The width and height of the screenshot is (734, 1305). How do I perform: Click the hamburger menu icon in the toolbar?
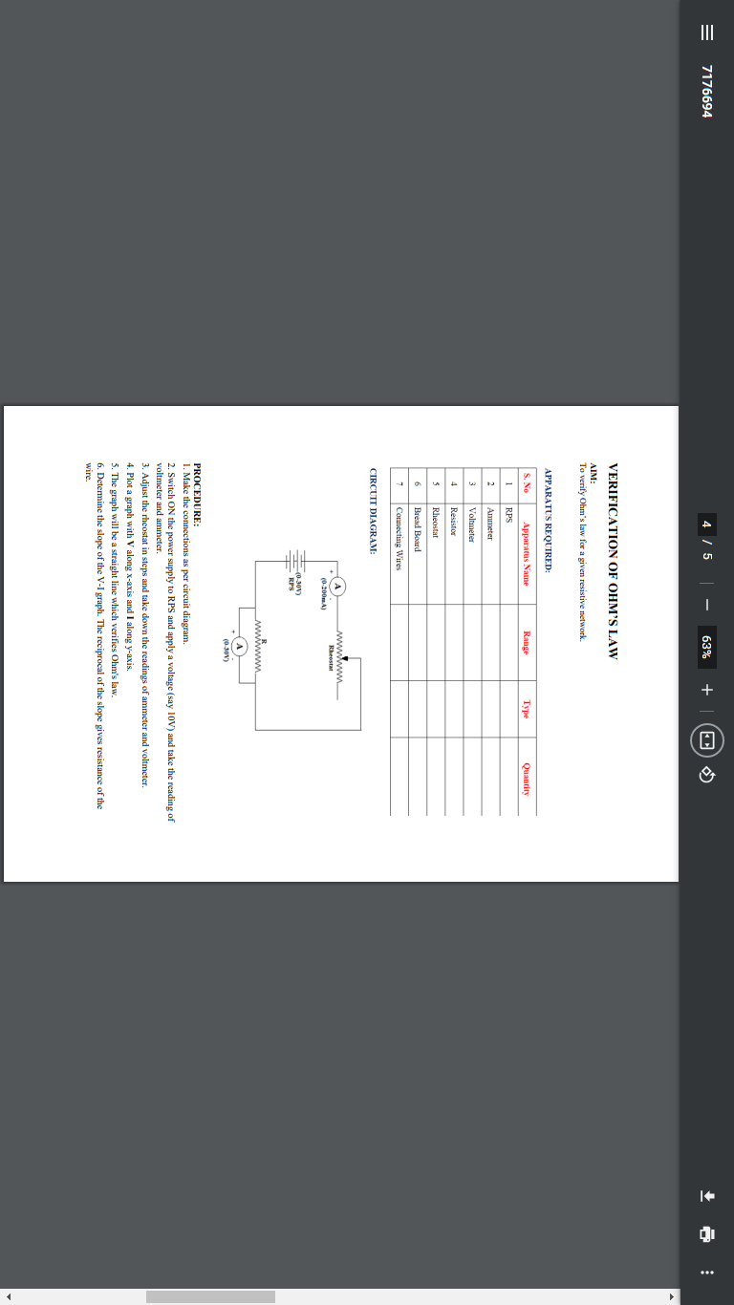coord(706,32)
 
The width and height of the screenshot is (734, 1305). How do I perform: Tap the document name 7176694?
coord(706,91)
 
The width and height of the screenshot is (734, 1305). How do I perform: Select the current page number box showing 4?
coord(706,524)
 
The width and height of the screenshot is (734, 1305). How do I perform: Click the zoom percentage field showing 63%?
coord(706,647)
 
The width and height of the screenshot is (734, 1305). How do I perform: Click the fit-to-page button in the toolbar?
coord(706,740)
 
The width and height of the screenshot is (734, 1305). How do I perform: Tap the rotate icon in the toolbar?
coord(706,774)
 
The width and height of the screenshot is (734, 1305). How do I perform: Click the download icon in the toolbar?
coord(706,1194)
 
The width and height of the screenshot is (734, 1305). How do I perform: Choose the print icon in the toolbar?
coord(706,1233)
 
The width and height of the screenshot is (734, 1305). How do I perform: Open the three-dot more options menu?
coord(706,1272)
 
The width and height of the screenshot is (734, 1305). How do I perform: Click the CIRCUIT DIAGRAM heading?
coord(375,512)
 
